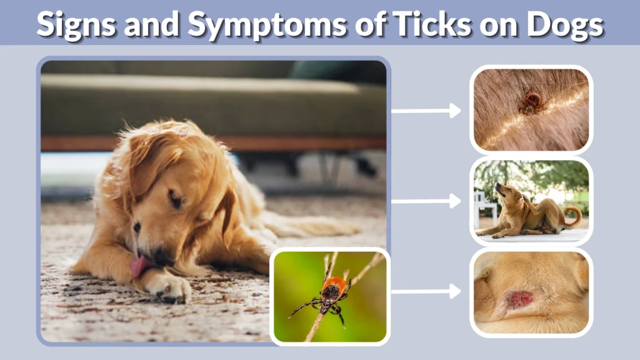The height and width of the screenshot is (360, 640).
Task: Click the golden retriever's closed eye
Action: [x=176, y=201]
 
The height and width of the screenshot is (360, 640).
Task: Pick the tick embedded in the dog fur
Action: [x=532, y=102]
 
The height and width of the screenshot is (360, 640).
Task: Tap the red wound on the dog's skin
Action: [x=519, y=299]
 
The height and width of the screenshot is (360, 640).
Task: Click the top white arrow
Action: [x=426, y=111]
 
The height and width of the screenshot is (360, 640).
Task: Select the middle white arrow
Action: [x=426, y=201]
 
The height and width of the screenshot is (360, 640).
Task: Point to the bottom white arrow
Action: [x=426, y=291]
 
